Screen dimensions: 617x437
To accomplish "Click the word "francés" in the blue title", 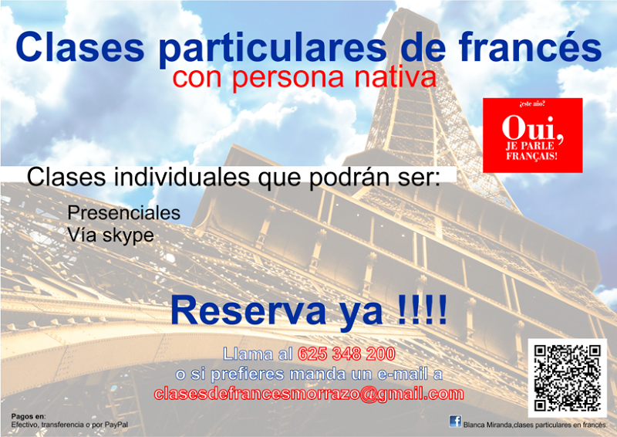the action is coord(530,46).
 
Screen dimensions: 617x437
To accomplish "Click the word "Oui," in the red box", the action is coord(532,129).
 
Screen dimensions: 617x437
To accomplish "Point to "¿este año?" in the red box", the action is coord(532,104).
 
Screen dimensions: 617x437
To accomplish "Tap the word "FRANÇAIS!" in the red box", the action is coord(532,157).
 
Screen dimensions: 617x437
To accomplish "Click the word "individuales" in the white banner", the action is coord(182,177).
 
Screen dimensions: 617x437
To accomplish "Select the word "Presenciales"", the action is coord(124,213).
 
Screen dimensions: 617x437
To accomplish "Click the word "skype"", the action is coord(128,236).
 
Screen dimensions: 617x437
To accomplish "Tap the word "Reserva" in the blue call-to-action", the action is coord(248,311).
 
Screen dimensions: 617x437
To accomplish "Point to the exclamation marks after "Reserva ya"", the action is coord(422,310).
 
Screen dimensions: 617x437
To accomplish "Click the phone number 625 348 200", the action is coord(346,354).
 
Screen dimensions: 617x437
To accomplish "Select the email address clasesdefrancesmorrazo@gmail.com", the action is coord(309,394).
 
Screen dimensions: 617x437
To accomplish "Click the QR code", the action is coord(567,378).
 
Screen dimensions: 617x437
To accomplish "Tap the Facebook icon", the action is coord(455,422).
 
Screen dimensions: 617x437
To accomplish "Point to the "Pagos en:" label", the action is coord(29,416).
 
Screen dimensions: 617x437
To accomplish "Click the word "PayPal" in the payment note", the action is coord(116,425).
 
